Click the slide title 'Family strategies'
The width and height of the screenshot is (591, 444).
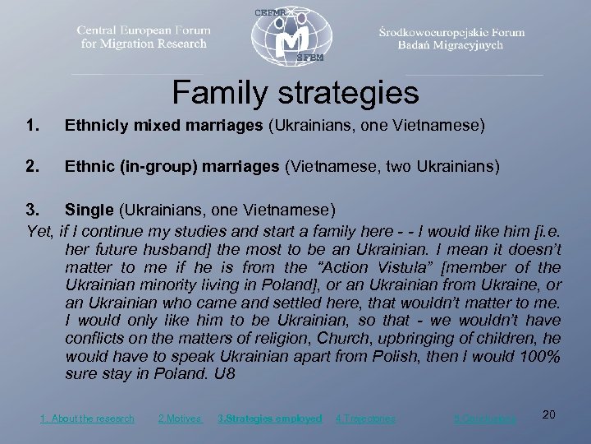click(x=295, y=92)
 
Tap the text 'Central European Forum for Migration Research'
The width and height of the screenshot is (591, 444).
click(x=144, y=37)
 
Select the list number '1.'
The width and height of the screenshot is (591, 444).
click(x=33, y=127)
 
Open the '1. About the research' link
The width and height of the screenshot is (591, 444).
click(x=87, y=419)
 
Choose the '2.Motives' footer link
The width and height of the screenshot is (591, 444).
click(x=179, y=419)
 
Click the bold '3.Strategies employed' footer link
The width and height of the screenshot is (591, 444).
click(x=270, y=419)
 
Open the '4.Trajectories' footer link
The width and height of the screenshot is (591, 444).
click(x=365, y=419)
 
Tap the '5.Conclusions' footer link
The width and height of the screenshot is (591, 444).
click(x=485, y=419)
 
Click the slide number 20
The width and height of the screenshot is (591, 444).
click(x=549, y=414)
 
